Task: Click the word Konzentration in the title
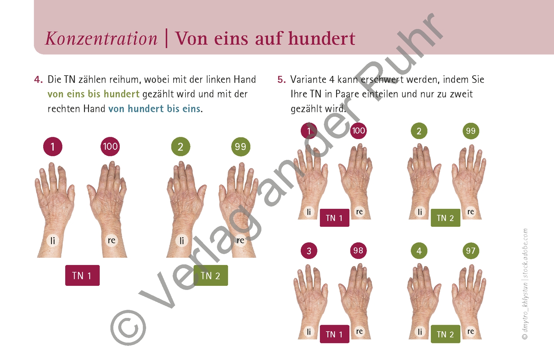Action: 101,39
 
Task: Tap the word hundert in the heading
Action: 322,39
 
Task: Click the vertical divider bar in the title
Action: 166,39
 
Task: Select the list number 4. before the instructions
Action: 38,80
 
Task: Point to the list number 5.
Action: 281,80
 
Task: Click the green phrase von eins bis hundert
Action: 93,94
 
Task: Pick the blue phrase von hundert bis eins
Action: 155,109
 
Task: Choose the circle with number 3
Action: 309,251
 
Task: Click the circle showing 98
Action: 358,251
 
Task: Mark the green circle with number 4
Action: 419,251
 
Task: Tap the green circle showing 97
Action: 470,251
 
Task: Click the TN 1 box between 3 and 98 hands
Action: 334,334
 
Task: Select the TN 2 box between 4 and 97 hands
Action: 445,334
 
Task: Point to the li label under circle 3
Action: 309,332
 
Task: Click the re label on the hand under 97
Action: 470,331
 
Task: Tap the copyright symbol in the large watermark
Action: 128,328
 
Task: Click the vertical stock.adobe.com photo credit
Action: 525,284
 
